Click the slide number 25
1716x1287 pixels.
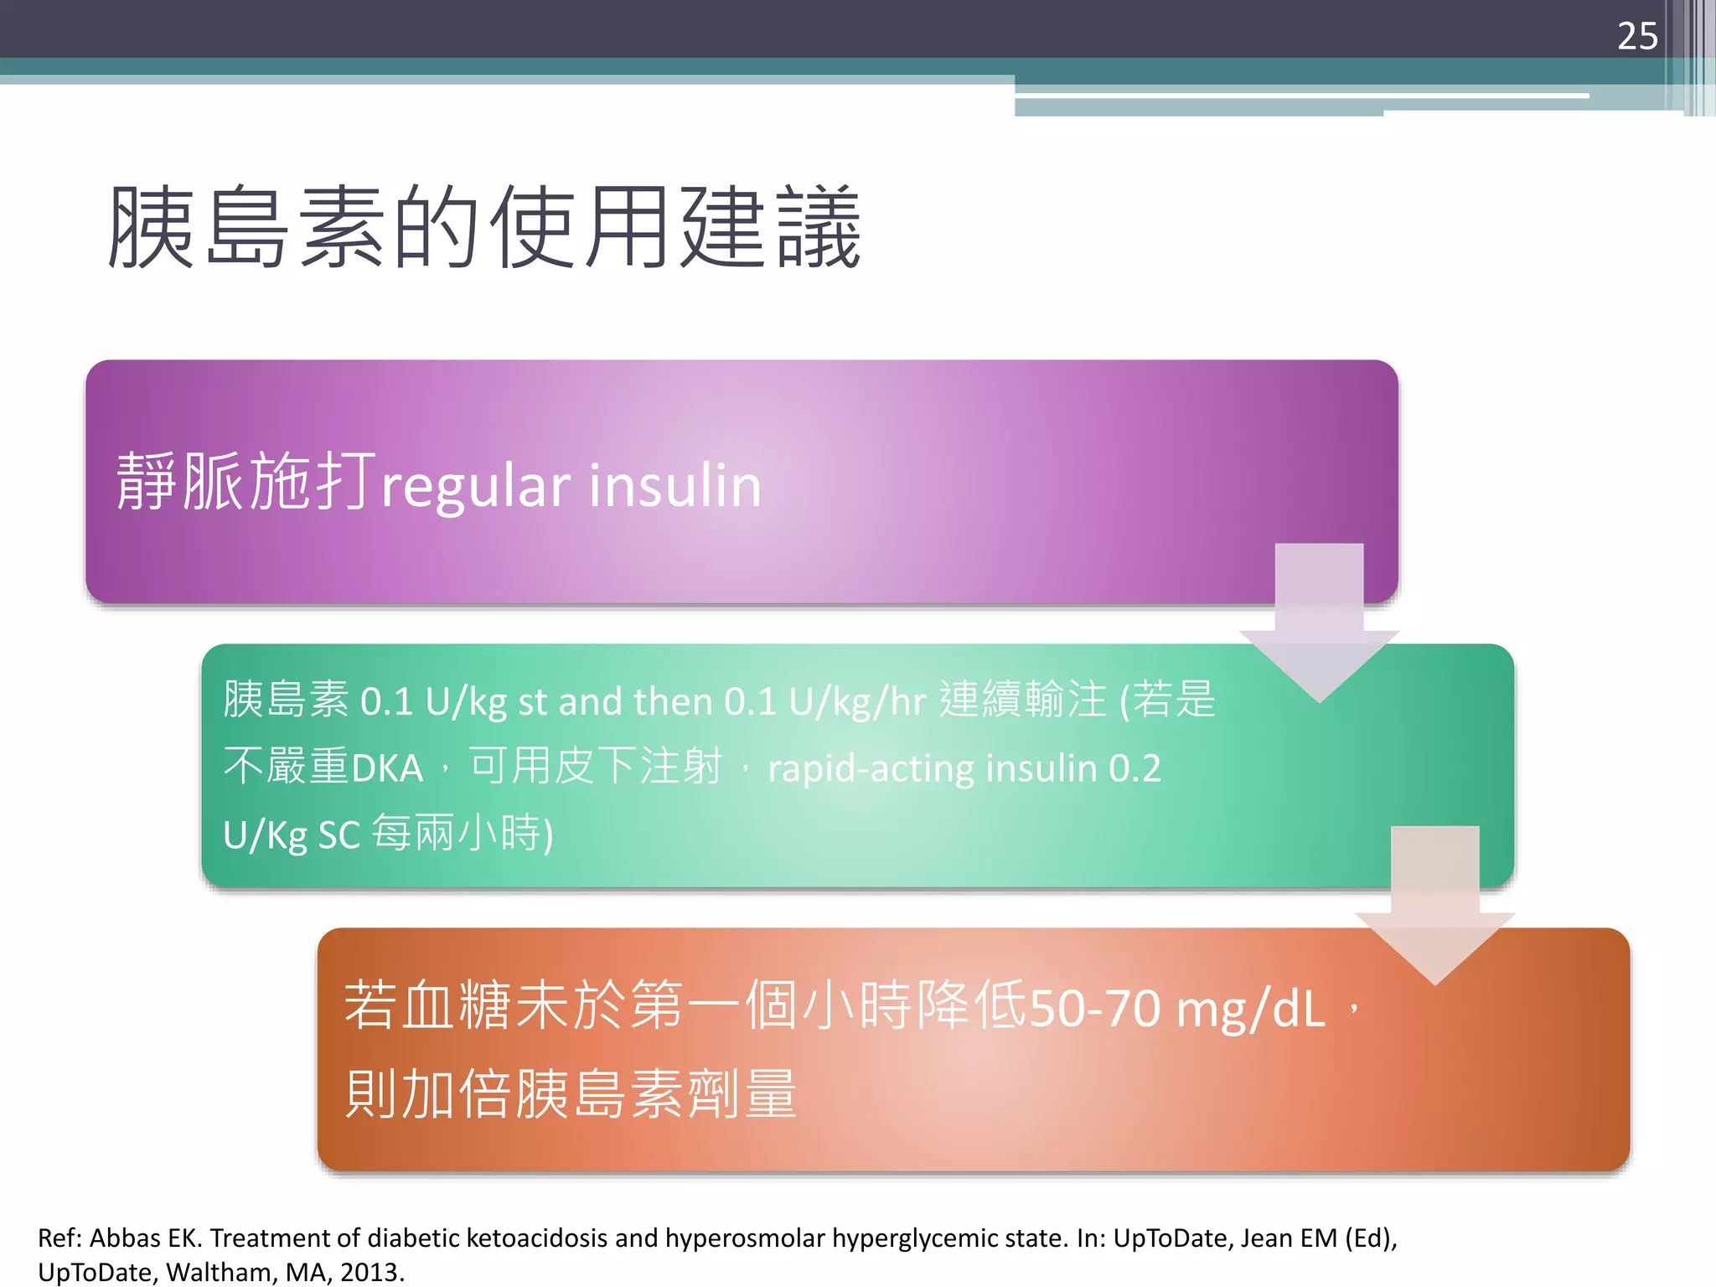1637,37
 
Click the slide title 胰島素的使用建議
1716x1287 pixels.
484,228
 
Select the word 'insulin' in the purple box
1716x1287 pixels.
675,486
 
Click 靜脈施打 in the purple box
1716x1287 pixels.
245,481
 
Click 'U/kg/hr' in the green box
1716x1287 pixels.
856,702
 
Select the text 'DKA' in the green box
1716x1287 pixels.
387,768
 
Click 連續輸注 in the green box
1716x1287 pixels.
1022,700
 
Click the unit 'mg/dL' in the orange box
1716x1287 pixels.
1251,1008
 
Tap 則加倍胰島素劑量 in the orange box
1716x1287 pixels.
571,1094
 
